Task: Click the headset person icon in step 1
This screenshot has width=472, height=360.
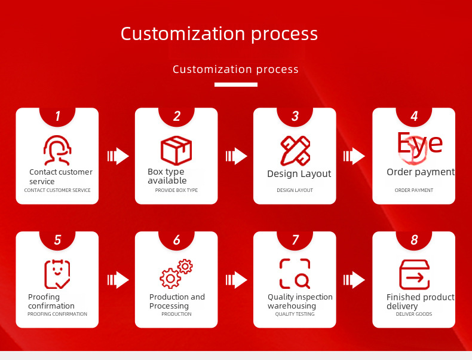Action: [x=57, y=151]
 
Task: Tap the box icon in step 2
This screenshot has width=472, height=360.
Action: [x=176, y=151]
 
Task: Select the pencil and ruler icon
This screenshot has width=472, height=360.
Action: [x=295, y=151]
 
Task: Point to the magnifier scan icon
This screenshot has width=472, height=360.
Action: [x=295, y=274]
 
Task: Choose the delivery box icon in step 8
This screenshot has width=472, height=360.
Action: [x=414, y=275]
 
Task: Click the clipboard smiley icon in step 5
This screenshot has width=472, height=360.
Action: [x=57, y=274]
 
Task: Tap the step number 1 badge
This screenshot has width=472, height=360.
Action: [x=57, y=117]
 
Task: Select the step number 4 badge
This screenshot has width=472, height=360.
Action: [x=414, y=117]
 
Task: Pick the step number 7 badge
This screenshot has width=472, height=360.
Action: [x=295, y=240]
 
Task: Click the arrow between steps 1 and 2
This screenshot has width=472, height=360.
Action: [x=118, y=157]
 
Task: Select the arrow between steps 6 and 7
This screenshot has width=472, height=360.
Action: [x=237, y=280]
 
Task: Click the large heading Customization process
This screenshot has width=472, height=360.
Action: [x=219, y=33]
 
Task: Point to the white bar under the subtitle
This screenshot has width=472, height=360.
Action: [x=236, y=85]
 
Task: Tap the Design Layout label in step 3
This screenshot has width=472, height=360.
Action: [x=299, y=174]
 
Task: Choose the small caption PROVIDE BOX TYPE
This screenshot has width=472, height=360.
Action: [x=176, y=190]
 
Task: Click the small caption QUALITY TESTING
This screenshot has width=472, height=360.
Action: [x=295, y=314]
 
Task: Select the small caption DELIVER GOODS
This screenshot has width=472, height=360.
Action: [x=414, y=314]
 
